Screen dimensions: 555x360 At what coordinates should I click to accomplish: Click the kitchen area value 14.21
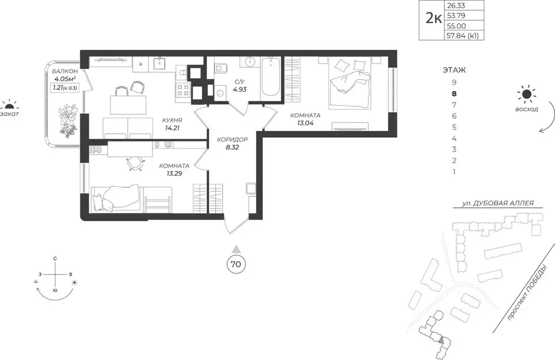point(172,128)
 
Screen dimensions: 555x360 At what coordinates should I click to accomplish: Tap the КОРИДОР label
point(232,139)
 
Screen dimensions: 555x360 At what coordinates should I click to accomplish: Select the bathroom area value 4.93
point(239,89)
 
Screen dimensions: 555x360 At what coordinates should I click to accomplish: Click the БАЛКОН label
point(65,72)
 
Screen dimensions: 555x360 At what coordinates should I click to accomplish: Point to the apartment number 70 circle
point(236,264)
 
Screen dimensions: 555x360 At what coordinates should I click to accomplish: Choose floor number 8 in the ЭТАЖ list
point(454,94)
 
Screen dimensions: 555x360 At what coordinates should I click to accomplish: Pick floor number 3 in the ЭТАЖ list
point(454,150)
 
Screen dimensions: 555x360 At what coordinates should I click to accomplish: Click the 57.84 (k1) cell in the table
point(464,35)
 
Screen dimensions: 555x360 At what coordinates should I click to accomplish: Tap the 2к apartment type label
point(433,18)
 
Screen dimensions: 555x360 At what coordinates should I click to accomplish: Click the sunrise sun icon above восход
point(527,94)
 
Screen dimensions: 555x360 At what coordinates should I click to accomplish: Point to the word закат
point(9,114)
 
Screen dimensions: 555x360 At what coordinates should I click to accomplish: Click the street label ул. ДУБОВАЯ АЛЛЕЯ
point(498,203)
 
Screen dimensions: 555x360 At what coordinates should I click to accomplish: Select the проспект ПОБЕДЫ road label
point(527,294)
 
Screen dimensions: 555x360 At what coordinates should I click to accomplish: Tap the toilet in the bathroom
point(222,68)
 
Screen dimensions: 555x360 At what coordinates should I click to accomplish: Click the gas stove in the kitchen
point(183,89)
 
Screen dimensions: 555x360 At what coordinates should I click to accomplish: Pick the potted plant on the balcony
point(68,119)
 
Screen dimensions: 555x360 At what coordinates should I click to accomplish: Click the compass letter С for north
point(55,259)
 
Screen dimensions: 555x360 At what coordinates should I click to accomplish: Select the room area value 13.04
point(305,123)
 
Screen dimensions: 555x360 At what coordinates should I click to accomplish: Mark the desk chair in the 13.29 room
point(135,164)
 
